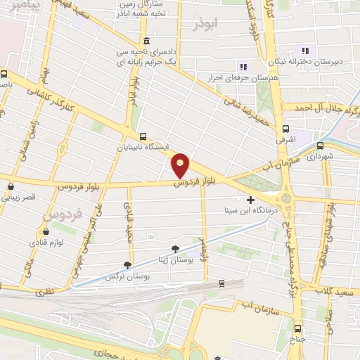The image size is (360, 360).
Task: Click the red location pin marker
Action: click(x=181, y=165)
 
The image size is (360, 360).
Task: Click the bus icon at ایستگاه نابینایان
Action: click(x=143, y=137)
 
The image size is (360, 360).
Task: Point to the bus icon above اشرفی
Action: click(x=285, y=129)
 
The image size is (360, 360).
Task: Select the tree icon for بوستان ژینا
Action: click(x=175, y=248)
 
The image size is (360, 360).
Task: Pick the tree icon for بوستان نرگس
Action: click(x=127, y=265)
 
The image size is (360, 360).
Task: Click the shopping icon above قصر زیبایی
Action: click(x=12, y=186)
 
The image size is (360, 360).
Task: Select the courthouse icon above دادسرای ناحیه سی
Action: click(x=146, y=40)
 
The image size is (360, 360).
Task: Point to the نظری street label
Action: click(x=43, y=290)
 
